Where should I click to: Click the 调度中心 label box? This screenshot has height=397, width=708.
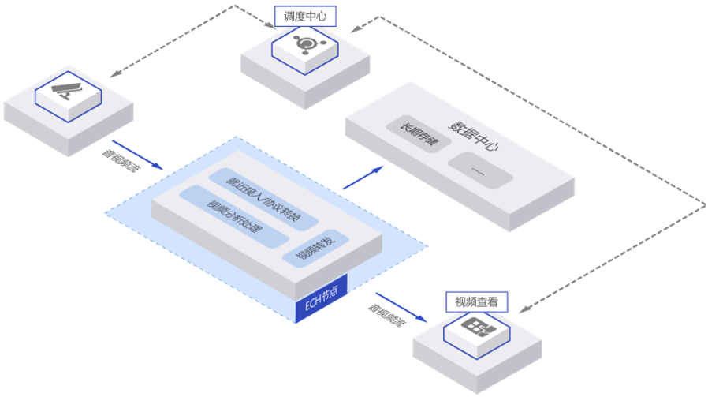tap(304, 15)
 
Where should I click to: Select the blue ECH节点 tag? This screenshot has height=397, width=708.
tap(321, 305)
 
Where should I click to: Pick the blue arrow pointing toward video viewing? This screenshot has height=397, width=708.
tap(402, 309)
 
